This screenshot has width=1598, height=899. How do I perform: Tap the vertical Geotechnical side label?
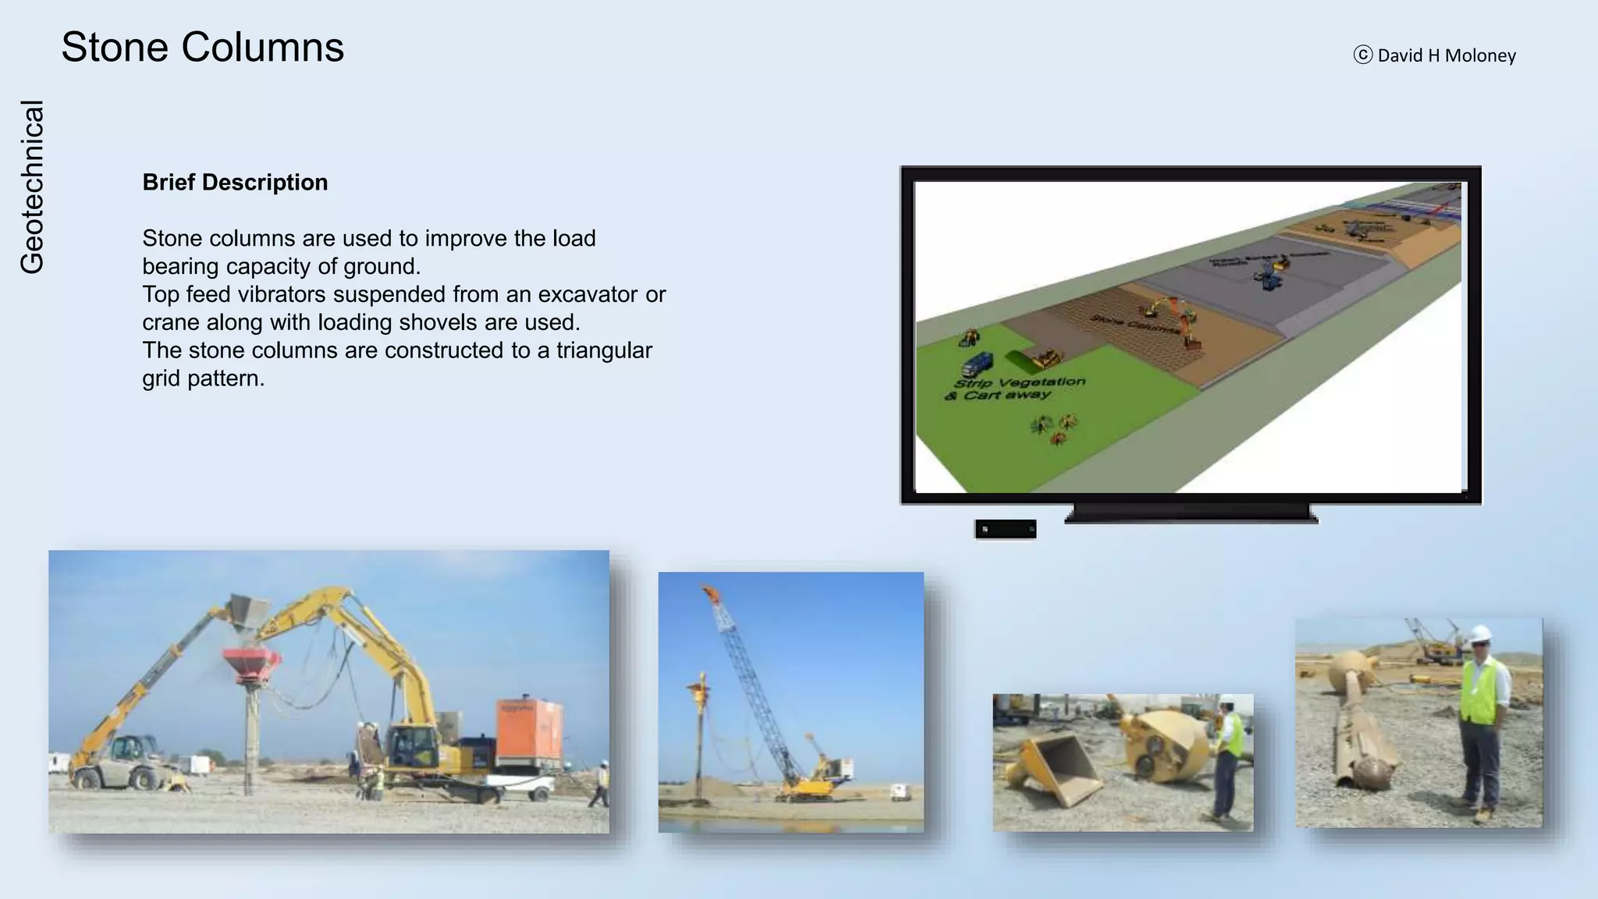pos(32,187)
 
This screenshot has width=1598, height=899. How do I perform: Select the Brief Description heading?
pos(235,183)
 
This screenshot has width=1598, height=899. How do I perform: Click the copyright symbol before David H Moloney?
pos(1362,55)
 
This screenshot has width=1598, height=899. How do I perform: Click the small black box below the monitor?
pos(1005,529)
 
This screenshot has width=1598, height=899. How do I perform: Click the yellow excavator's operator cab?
pos(407,745)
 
